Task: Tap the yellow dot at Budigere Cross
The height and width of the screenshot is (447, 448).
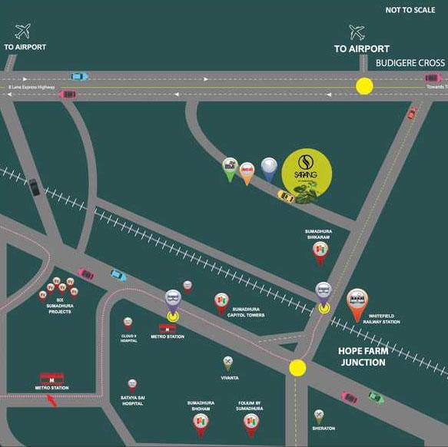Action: [x=363, y=86]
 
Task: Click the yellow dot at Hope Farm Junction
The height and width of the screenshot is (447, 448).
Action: [x=297, y=367]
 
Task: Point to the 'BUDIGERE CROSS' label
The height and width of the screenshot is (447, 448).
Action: [x=410, y=62]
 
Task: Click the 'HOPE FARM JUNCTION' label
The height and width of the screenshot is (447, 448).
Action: [x=362, y=356]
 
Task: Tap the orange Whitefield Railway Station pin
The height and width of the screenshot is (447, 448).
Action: [x=357, y=303]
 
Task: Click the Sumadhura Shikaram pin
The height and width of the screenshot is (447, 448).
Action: [x=319, y=253]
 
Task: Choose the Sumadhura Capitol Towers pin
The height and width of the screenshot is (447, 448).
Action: [x=221, y=300]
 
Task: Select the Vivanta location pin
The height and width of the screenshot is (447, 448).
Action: [x=228, y=363]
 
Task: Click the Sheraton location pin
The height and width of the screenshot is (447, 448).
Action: [x=319, y=416]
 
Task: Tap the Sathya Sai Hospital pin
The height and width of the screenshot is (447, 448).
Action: [x=132, y=385]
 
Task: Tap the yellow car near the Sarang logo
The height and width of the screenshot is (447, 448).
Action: [x=286, y=196]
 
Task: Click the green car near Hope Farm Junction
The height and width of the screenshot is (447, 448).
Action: [x=376, y=397]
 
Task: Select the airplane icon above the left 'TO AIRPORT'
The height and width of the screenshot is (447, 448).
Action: [x=23, y=31]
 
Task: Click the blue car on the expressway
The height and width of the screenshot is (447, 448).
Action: [x=79, y=76]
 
